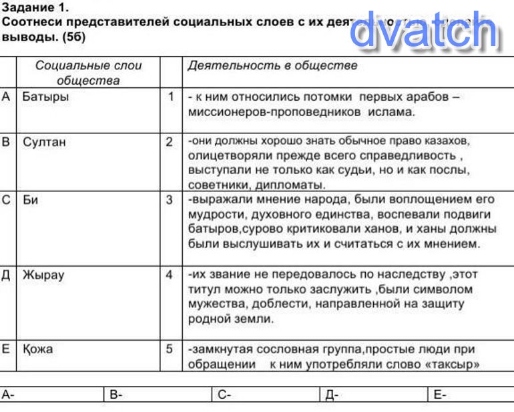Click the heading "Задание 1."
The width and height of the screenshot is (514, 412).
(35, 8)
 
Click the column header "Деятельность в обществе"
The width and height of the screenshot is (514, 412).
(272, 66)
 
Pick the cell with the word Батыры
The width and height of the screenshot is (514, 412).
(45, 97)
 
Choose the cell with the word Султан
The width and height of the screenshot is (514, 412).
(44, 142)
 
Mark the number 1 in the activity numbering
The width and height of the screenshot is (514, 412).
(170, 97)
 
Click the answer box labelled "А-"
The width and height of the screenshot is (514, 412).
(53, 395)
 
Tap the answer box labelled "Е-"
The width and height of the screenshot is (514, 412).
(471, 395)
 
